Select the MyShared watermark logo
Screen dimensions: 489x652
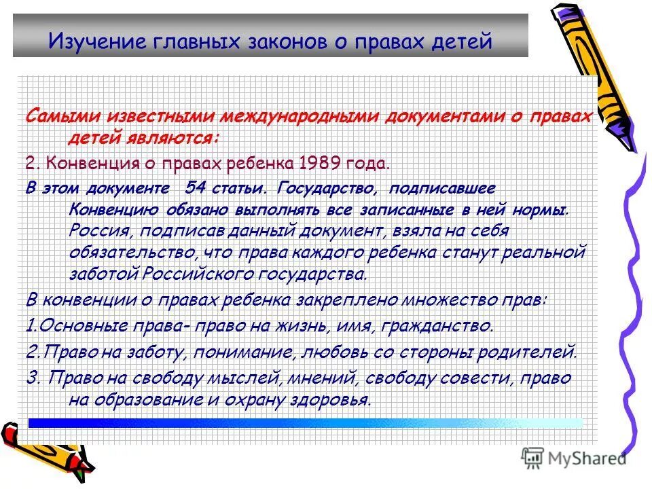pyautogui.click(x=575, y=458)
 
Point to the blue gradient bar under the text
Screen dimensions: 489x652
pyautogui.click(x=306, y=422)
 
